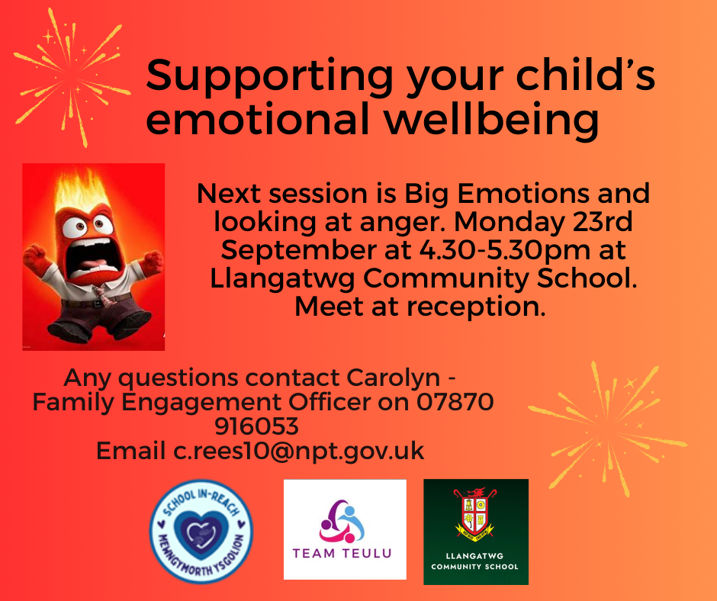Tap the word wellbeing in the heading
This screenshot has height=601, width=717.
pyautogui.click(x=491, y=118)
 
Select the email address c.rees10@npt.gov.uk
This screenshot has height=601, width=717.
pyautogui.click(x=298, y=452)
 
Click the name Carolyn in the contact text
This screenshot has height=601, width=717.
pyautogui.click(x=393, y=378)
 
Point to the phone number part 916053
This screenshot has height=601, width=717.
pyautogui.click(x=256, y=426)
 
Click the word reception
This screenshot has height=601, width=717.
pyautogui.click(x=476, y=307)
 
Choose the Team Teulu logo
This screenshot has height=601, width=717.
pyautogui.click(x=345, y=529)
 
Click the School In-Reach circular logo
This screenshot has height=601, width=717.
pyautogui.click(x=201, y=531)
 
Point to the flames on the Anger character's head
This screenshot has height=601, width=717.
pyautogui.click(x=84, y=190)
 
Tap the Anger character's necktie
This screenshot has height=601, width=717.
pyautogui.click(x=102, y=295)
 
